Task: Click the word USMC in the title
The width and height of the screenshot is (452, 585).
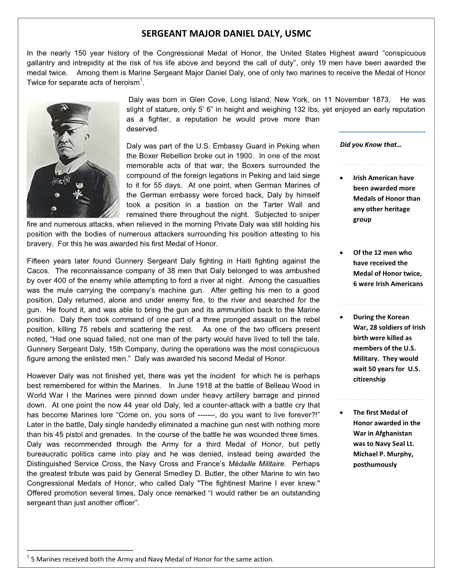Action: (298, 33)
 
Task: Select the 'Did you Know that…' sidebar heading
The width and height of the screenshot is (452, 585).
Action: (370, 144)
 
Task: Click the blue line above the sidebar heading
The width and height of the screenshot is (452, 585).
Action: (382, 132)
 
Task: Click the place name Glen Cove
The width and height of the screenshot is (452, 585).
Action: (205, 100)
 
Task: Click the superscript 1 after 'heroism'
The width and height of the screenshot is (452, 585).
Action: (141, 80)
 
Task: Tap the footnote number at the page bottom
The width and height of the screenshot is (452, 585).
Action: (28, 557)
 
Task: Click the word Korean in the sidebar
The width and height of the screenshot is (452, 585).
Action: (398, 317)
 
